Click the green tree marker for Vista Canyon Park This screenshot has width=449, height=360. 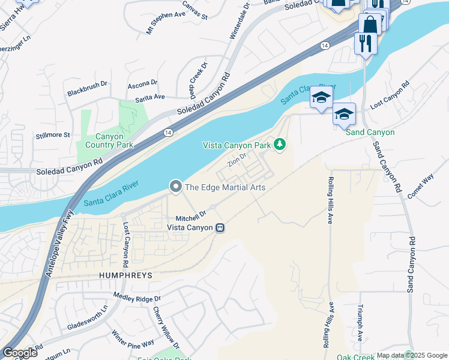click(x=279, y=144)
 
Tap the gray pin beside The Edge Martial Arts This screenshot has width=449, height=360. click(x=175, y=187)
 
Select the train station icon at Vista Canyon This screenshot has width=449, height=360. click(x=220, y=227)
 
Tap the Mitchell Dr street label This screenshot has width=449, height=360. click(x=191, y=214)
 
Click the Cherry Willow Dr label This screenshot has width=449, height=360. click(x=166, y=328)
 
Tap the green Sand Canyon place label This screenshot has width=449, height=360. click(x=370, y=132)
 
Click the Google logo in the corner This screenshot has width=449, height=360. click(x=20, y=353)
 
